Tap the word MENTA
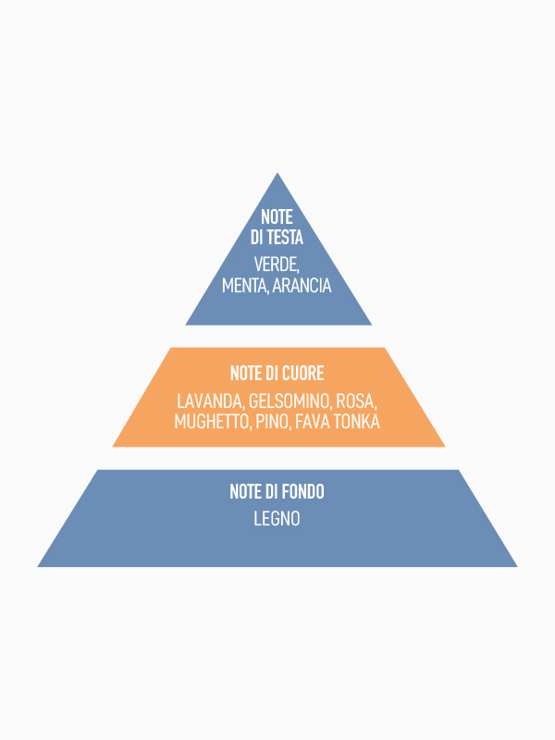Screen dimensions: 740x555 click(244, 286)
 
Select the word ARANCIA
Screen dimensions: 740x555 click(302, 286)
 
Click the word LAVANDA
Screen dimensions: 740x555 click(210, 401)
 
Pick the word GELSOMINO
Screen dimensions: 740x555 click(290, 401)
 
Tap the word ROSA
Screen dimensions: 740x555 click(356, 401)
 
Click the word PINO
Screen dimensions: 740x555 click(272, 422)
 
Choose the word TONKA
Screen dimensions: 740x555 click(359, 422)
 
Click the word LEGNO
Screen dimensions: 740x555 click(277, 519)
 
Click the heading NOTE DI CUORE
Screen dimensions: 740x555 click(277, 374)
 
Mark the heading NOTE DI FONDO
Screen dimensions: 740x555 click(277, 492)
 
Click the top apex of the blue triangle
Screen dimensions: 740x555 click(277, 175)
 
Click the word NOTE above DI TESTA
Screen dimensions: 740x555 click(277, 216)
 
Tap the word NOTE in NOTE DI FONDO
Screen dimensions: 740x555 click(244, 492)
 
